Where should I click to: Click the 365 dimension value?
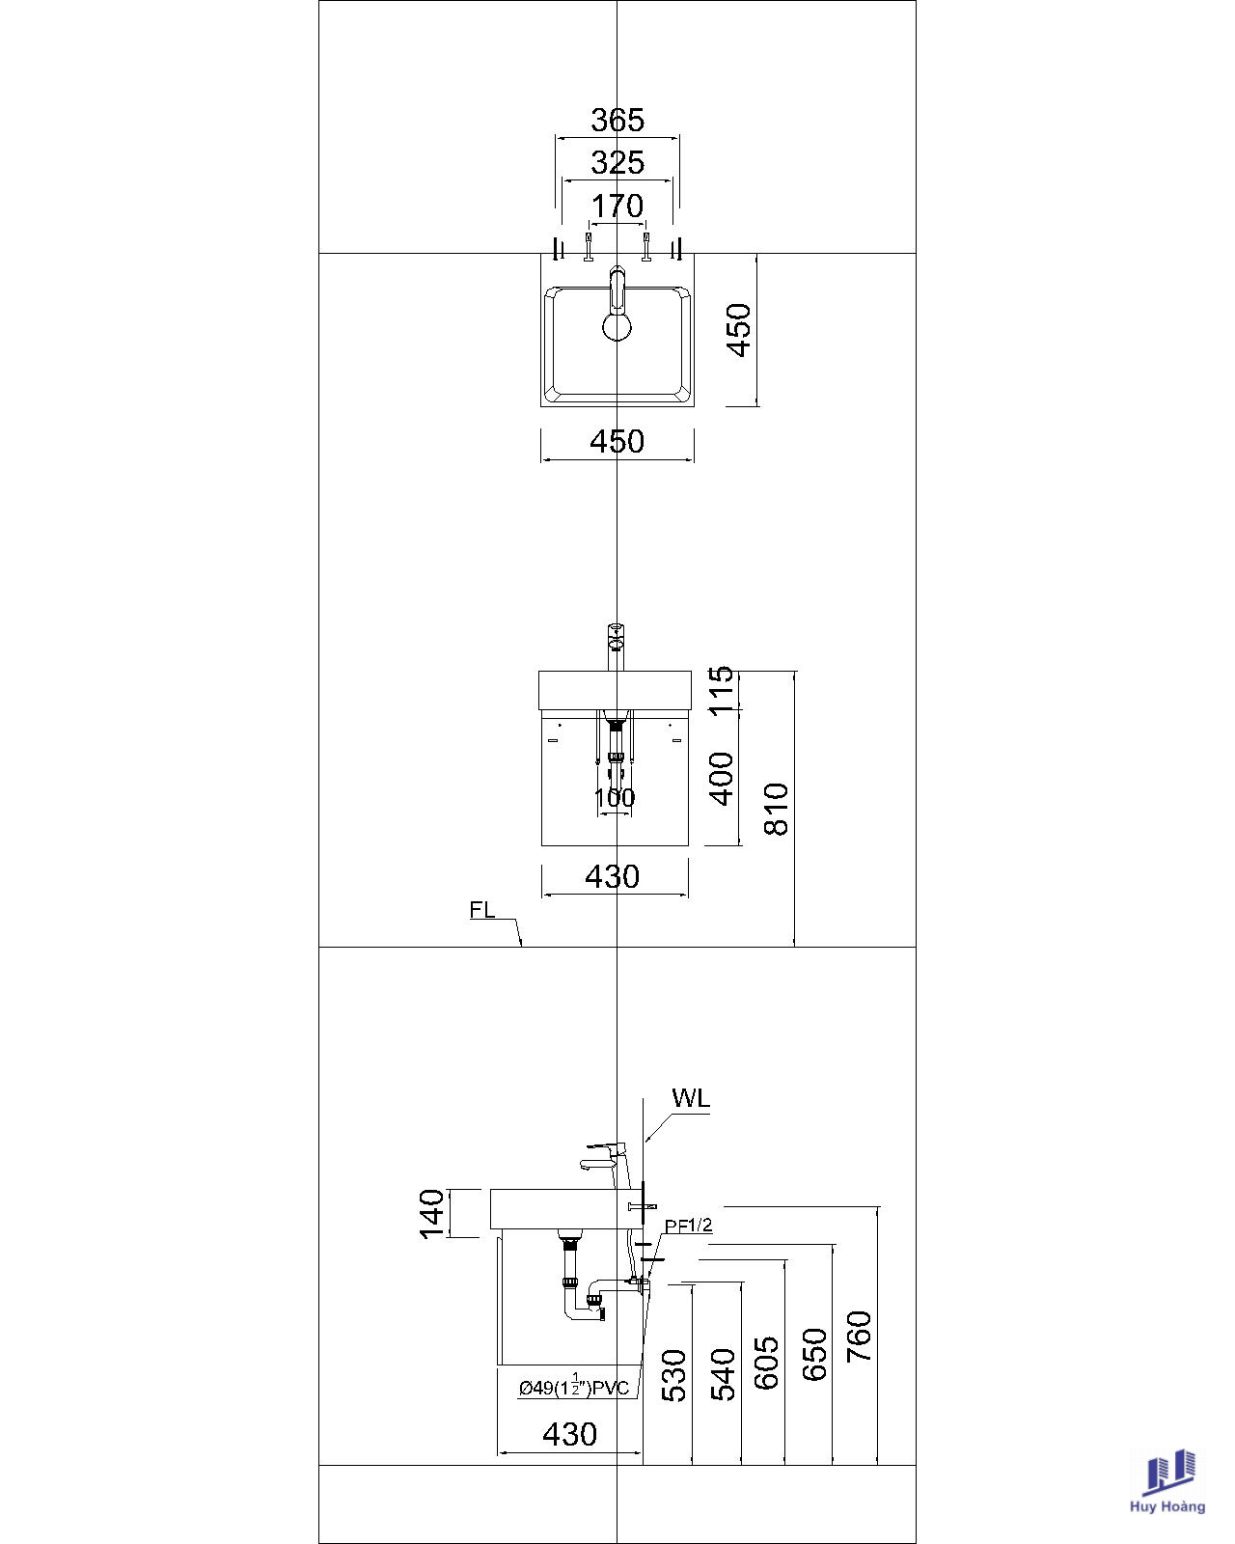617,120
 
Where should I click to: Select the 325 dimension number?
617,163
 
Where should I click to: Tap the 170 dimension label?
617,207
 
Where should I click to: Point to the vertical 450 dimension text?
738,330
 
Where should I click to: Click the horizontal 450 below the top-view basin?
617,441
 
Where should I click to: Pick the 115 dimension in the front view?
722,689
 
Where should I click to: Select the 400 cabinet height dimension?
722,779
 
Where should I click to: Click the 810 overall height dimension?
776,810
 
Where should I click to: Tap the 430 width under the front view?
612,877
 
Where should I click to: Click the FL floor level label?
482,910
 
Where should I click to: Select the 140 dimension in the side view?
431,1214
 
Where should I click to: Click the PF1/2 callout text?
689,1227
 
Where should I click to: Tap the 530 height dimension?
673,1376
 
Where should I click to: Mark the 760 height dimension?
859,1336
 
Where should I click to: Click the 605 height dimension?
766,1363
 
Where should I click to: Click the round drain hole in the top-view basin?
617,327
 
